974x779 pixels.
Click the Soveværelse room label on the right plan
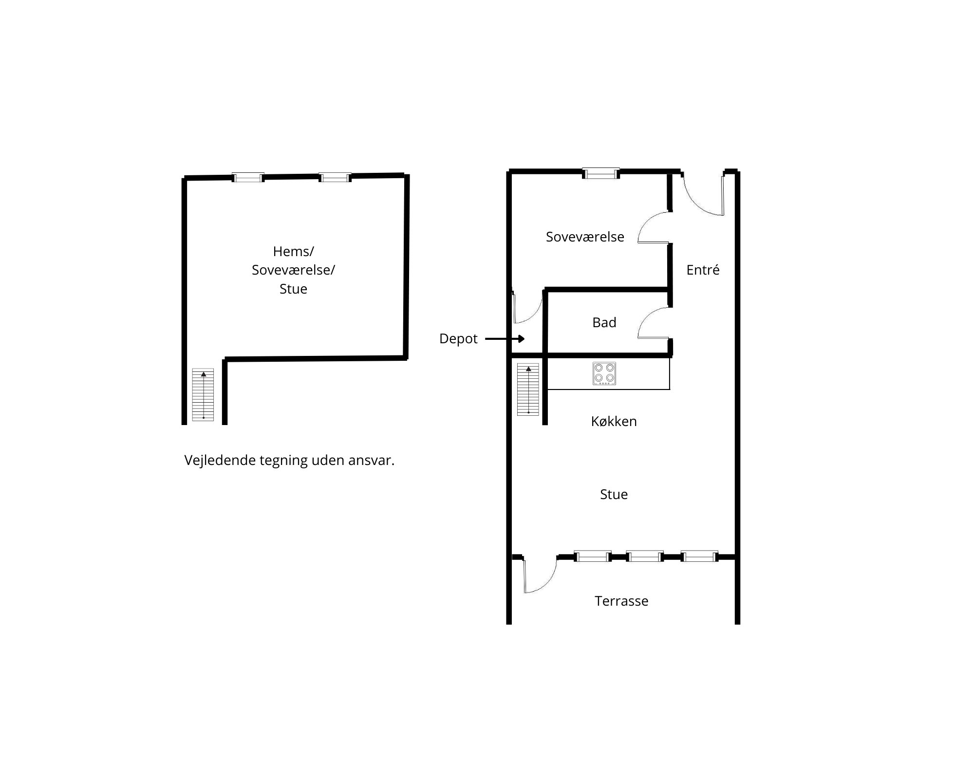point(585,237)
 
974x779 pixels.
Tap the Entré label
point(703,270)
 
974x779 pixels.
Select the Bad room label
point(604,322)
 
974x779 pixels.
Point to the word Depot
point(458,338)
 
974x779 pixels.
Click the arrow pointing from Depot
point(505,338)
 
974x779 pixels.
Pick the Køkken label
point(614,421)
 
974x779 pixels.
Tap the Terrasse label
point(621,601)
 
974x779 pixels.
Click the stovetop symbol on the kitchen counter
point(604,373)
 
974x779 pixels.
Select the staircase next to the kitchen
point(528,389)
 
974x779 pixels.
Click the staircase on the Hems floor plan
point(203,394)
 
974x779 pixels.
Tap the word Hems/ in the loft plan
point(293,251)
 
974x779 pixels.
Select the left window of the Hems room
point(248,177)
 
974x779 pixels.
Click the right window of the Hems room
point(335,177)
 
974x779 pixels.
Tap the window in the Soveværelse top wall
point(601,173)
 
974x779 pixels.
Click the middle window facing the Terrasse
point(644,556)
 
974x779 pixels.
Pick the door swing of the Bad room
point(653,322)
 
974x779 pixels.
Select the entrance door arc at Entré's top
point(703,195)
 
